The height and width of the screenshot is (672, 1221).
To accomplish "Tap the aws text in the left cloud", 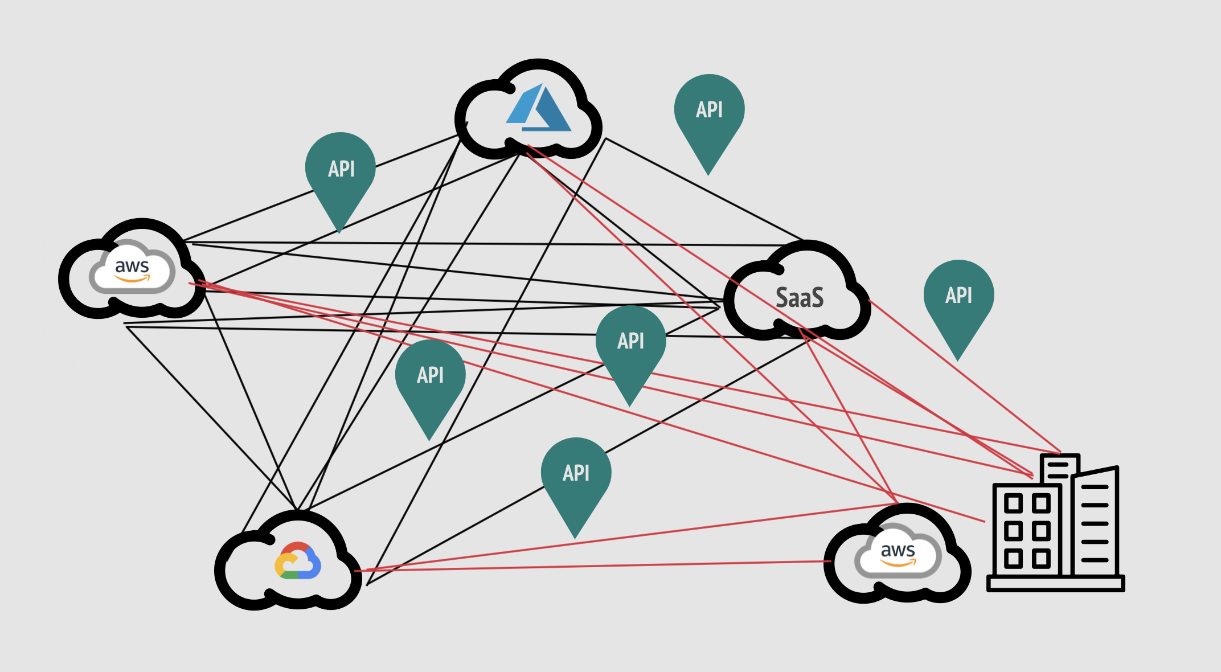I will [132, 266].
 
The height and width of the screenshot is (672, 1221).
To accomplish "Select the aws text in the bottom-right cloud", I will [898, 550].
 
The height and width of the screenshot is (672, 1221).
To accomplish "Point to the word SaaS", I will [800, 298].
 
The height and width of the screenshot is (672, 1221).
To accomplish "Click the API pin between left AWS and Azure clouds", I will [341, 171].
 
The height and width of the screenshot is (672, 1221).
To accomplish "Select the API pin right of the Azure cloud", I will [709, 111].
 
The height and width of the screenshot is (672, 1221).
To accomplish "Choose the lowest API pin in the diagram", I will [576, 475].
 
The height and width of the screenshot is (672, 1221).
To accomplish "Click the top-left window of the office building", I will [1013, 503].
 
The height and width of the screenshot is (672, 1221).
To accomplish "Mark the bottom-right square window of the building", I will [1041, 559].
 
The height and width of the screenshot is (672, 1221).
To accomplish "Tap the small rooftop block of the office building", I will [1059, 469].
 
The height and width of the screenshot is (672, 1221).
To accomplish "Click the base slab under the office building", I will [1055, 584].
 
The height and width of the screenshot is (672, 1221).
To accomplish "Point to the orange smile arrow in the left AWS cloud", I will [132, 279].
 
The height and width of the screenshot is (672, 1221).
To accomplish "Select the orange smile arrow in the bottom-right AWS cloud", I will [898, 563].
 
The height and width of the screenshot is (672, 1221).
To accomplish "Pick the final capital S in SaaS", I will [816, 298].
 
